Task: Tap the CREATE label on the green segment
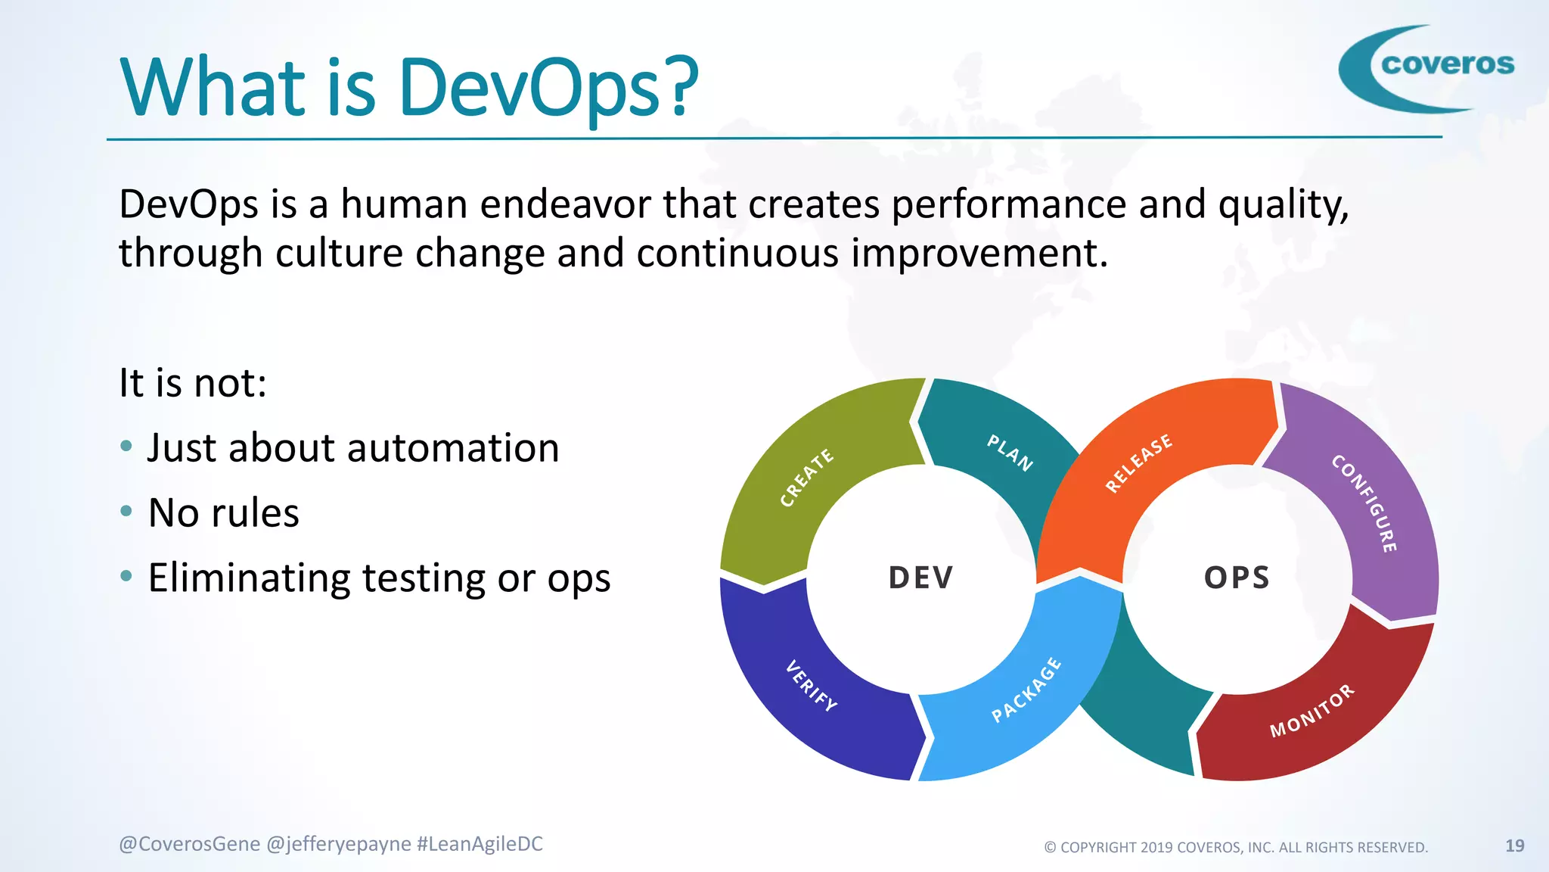(x=806, y=478)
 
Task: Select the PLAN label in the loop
(x=1010, y=453)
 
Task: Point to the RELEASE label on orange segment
(x=1138, y=463)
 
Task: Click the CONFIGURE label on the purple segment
(x=1364, y=503)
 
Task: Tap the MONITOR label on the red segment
(x=1312, y=711)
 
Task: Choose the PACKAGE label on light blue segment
(x=1026, y=690)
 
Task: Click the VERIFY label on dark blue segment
(x=811, y=686)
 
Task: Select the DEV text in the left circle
(x=920, y=578)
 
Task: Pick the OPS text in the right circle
(x=1237, y=578)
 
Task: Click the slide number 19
(x=1514, y=846)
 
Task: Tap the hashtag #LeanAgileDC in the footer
(x=480, y=844)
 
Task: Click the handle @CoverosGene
(x=189, y=844)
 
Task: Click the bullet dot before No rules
(x=126, y=512)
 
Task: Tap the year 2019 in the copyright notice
(x=1156, y=847)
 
